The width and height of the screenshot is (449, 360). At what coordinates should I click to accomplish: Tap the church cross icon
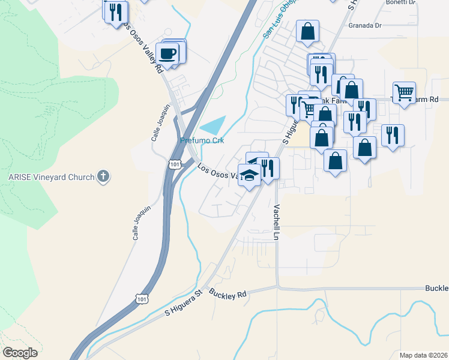pos(104,176)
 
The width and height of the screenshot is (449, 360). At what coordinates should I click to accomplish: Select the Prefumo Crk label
pos(202,140)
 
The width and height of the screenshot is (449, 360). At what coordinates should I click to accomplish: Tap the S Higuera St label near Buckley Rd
pos(185,304)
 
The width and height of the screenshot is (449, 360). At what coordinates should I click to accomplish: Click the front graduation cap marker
pos(249,176)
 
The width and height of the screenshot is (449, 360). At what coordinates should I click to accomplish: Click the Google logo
pos(20,352)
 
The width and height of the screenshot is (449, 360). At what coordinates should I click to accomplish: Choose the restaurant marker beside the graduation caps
pos(268,168)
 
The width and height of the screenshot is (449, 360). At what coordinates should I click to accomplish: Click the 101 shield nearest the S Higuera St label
pos(141,298)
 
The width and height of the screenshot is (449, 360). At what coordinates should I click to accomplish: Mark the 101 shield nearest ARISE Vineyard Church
pos(174,164)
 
